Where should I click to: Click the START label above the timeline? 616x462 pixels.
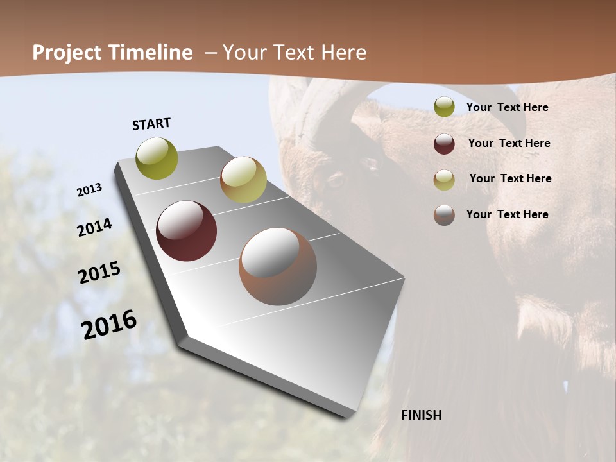coord(151,124)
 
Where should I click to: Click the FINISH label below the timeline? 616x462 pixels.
coord(421,415)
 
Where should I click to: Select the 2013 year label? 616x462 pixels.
coord(89,190)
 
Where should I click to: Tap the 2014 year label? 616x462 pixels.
coord(94,227)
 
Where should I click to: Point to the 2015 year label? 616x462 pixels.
coord(99,272)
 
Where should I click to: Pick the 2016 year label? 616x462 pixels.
coord(109,324)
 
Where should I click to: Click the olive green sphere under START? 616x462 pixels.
coord(157,158)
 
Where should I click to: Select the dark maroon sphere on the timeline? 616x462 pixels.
coord(186,231)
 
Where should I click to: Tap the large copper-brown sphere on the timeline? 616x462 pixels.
coord(278,266)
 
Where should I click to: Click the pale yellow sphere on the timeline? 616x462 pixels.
coord(243,180)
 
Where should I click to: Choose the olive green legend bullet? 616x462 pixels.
coord(444,107)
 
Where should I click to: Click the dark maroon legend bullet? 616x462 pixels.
coord(444,144)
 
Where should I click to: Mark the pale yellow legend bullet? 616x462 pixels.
coord(444,180)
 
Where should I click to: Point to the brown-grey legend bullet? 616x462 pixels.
coord(444,215)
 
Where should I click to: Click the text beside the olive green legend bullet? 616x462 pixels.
coord(507,107)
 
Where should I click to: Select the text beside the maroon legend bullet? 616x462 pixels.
coord(509,143)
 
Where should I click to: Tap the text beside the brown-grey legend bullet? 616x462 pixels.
coord(507,214)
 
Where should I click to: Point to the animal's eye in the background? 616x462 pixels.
coord(336,179)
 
